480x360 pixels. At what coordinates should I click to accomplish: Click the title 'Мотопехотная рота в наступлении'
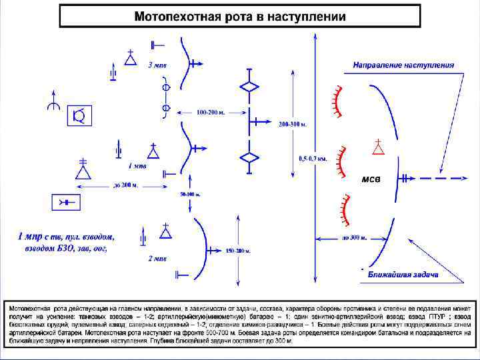(x=240, y=17)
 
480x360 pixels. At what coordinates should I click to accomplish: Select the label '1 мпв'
(x=137, y=165)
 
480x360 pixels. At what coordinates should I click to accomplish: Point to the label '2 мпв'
(x=157, y=258)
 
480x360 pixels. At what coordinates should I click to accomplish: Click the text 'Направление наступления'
(x=403, y=65)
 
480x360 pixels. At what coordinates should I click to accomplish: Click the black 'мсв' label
(x=371, y=179)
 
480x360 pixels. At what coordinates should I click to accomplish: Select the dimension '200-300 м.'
(x=293, y=125)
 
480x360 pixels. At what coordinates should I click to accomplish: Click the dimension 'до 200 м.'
(x=126, y=184)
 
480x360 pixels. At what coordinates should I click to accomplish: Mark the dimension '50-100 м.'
(x=191, y=194)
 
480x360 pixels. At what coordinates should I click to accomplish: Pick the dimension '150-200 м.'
(x=237, y=251)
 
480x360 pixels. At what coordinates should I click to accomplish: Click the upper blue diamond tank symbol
(x=249, y=87)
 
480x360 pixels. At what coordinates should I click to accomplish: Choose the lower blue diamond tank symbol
(x=249, y=157)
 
